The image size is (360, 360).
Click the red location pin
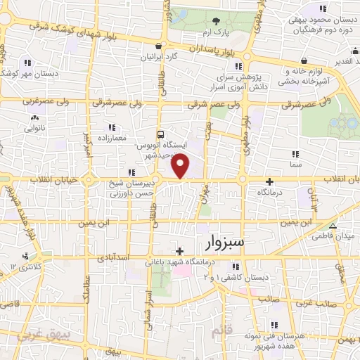(x=181, y=165)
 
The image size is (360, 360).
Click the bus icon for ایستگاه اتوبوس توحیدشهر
(x=162, y=134)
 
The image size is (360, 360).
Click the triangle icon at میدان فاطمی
(x=333, y=226)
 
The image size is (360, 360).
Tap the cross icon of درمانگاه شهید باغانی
(x=181, y=251)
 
